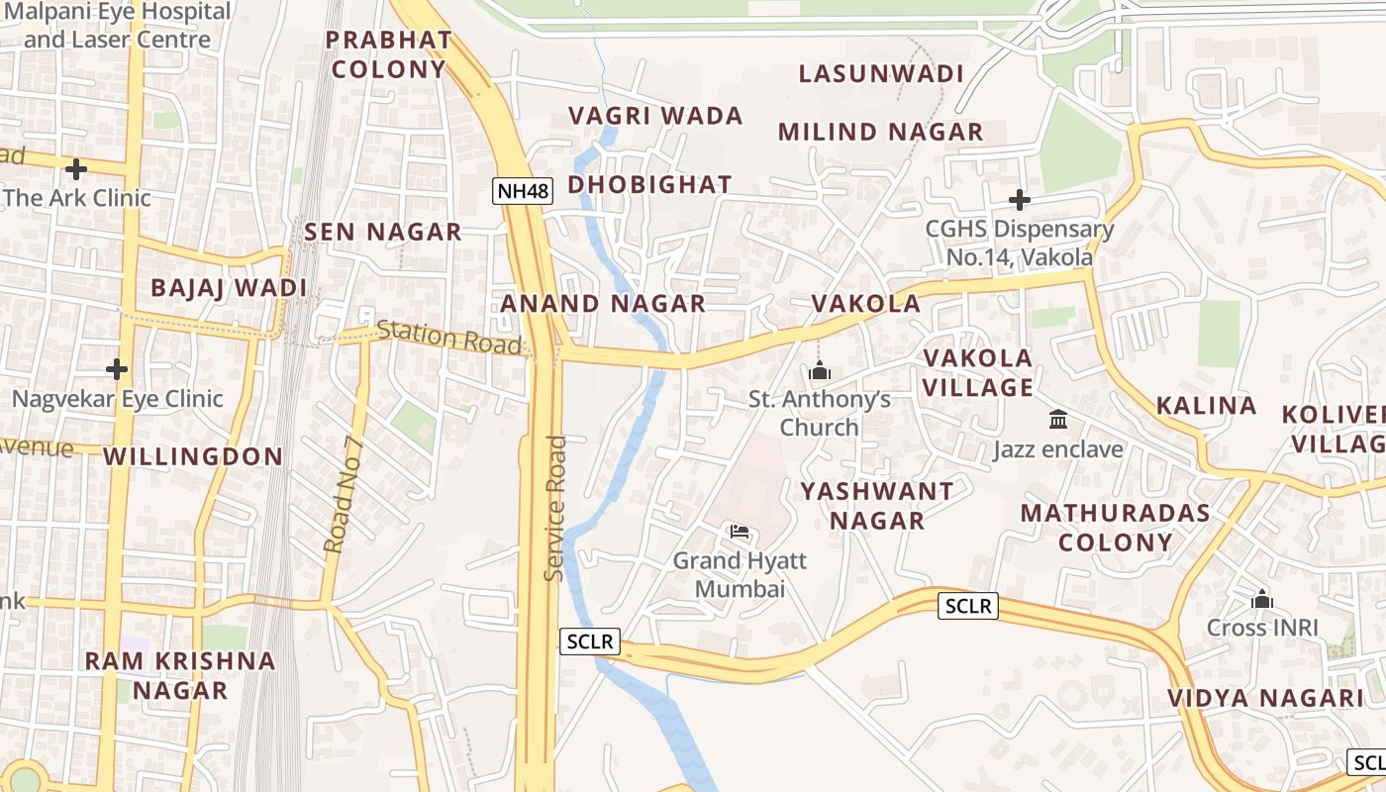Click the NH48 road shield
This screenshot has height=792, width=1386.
[x=522, y=191]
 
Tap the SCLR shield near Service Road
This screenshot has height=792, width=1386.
[x=590, y=642]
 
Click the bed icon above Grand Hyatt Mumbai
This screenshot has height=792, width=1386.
[x=739, y=532]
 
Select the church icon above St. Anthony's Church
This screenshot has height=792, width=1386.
[x=819, y=372]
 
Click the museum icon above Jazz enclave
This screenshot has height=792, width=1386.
[x=1058, y=420]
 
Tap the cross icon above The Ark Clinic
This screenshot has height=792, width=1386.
[x=76, y=168]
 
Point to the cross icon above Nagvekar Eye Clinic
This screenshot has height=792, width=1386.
[x=117, y=369]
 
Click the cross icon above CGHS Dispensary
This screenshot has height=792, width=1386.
[x=1019, y=200]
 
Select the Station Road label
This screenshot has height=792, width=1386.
[x=448, y=337]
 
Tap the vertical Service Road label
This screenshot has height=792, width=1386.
[x=555, y=508]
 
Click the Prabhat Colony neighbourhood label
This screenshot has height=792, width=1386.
[x=389, y=54]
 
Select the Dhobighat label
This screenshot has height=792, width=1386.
[x=649, y=184]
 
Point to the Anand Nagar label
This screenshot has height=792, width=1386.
[x=603, y=303]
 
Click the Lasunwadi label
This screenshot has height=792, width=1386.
[x=880, y=73]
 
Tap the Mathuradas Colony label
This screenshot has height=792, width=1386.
[x=1115, y=527]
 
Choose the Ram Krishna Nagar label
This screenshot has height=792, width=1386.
[x=180, y=675]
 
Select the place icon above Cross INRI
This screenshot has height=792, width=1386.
[x=1261, y=599]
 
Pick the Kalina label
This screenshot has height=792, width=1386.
[x=1206, y=405]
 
